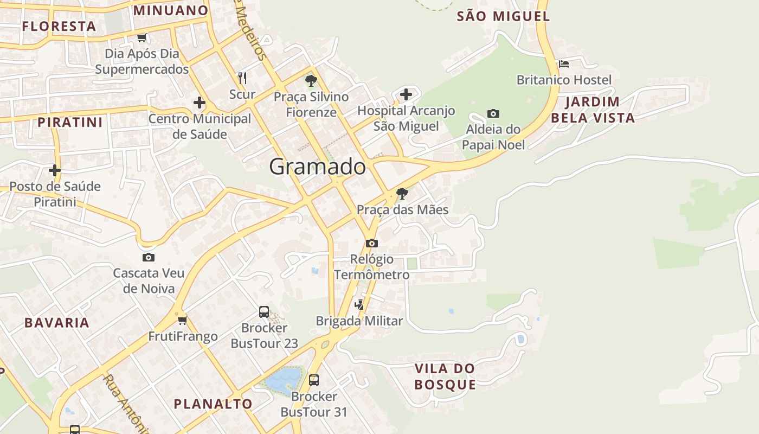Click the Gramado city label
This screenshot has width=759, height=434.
(x=317, y=167)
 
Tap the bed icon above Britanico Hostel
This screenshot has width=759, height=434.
(x=564, y=63)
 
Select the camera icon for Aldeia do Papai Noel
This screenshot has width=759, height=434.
(x=493, y=113)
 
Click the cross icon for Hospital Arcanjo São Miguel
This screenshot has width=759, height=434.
(x=406, y=94)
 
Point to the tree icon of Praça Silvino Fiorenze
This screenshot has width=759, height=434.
(x=311, y=81)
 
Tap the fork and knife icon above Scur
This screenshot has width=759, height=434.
(x=242, y=78)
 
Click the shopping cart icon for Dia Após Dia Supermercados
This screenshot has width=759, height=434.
(x=141, y=37)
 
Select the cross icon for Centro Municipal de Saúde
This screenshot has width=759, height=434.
(x=200, y=102)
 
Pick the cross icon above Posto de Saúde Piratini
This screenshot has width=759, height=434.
(x=55, y=170)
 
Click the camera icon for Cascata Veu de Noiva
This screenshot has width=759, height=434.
(x=149, y=257)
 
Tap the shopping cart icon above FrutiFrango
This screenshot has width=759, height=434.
(x=183, y=320)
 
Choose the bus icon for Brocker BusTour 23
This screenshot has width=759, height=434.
(x=264, y=311)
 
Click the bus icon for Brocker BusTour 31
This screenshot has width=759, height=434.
(x=314, y=380)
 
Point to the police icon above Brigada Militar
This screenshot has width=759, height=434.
(x=359, y=304)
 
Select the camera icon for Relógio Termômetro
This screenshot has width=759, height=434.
(x=371, y=243)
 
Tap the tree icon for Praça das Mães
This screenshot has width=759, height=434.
(x=402, y=193)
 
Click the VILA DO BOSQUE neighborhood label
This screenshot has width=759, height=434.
(x=445, y=376)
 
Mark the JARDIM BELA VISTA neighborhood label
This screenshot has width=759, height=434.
(x=593, y=110)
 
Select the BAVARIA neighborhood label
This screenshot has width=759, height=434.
(x=57, y=323)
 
